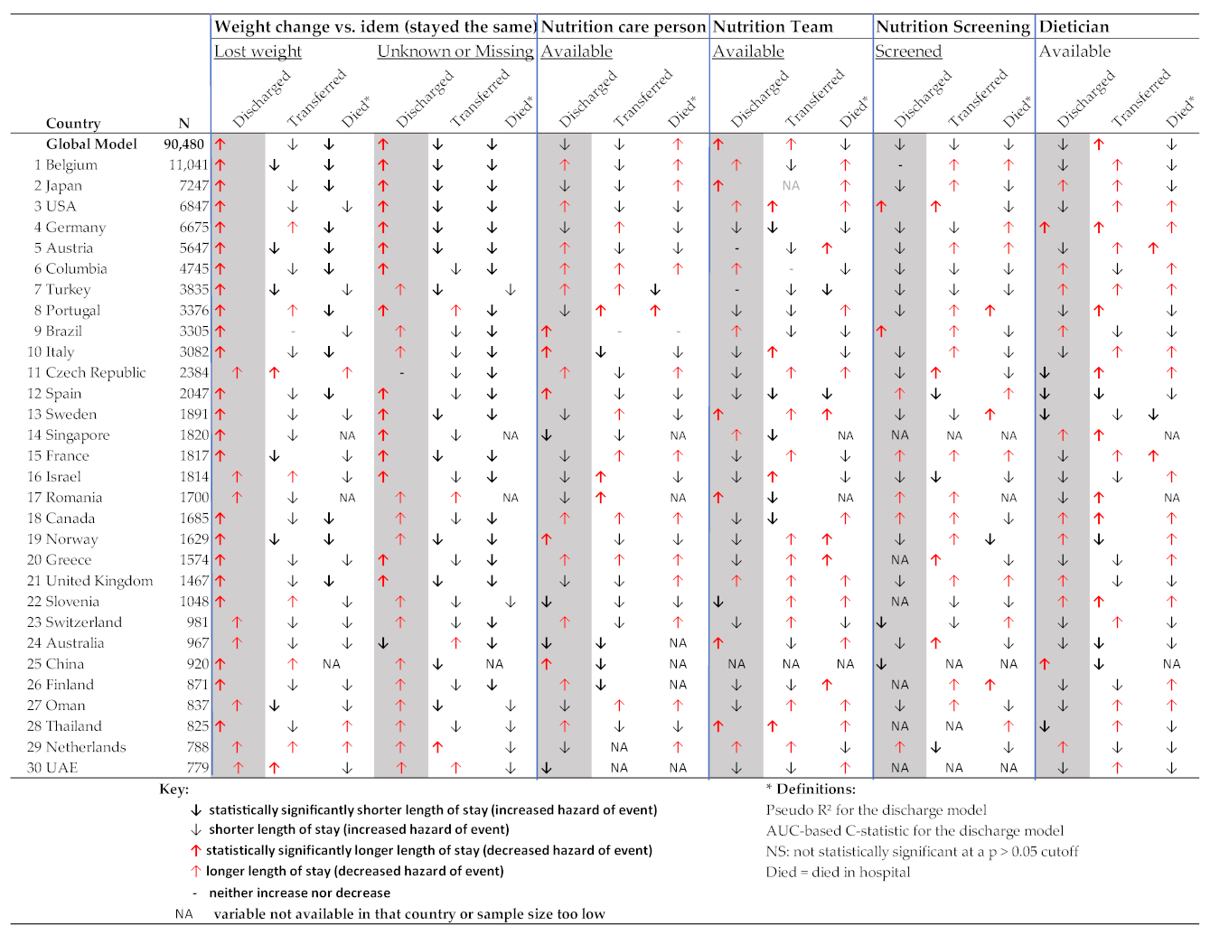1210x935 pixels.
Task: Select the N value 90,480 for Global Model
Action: pyautogui.click(x=184, y=145)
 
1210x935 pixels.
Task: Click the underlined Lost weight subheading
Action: pyautogui.click(x=258, y=51)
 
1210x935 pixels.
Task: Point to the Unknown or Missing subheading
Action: pyautogui.click(x=455, y=51)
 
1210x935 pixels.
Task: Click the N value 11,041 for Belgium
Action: pyautogui.click(x=188, y=165)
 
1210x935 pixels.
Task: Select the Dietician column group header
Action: pyautogui.click(x=1074, y=27)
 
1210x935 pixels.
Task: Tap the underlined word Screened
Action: pyautogui.click(x=908, y=51)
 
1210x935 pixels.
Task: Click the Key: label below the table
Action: pyautogui.click(x=174, y=789)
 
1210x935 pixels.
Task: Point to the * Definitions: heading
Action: pyautogui.click(x=810, y=789)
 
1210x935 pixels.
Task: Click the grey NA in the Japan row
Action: pyautogui.click(x=791, y=186)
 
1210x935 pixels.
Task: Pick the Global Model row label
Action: pyautogui.click(x=92, y=145)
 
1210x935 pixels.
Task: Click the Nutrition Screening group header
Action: pyautogui.click(x=952, y=27)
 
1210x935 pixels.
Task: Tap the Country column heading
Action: pyautogui.click(x=73, y=124)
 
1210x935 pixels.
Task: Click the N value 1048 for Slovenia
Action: pyautogui.click(x=193, y=602)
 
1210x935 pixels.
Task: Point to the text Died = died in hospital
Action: pyautogui.click(x=838, y=873)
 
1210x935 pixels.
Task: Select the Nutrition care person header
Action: pyautogui.click(x=624, y=27)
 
